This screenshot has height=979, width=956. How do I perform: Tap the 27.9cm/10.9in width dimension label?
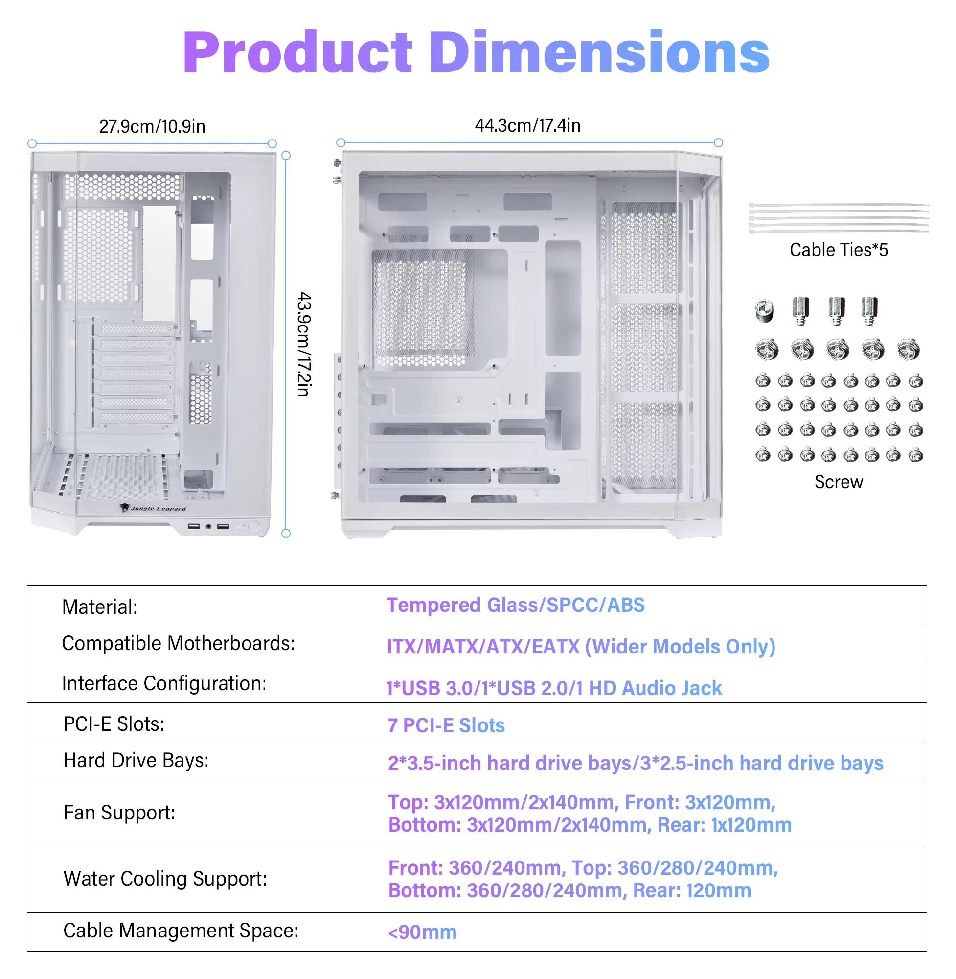click(152, 126)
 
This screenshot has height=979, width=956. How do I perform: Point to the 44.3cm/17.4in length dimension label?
click(528, 125)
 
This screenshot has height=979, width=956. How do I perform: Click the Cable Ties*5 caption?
click(839, 250)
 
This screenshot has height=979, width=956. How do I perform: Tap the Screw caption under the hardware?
click(839, 482)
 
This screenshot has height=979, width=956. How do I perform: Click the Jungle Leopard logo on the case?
click(153, 508)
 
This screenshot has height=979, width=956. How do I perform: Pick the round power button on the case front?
click(253, 527)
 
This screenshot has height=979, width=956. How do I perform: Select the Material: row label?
click(99, 607)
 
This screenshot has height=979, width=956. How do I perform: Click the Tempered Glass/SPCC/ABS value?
click(516, 606)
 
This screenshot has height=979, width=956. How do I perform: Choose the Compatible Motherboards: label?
click(178, 643)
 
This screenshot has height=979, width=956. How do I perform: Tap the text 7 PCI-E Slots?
click(446, 725)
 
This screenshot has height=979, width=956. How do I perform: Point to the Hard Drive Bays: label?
click(136, 760)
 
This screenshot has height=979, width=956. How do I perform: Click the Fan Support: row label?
click(119, 813)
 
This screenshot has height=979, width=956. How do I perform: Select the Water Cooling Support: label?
click(165, 879)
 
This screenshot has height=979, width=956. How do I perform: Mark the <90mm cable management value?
click(422, 932)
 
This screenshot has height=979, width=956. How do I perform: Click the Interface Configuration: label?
click(164, 683)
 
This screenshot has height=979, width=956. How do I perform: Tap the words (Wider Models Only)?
click(681, 647)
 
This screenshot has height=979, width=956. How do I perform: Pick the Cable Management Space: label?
click(181, 930)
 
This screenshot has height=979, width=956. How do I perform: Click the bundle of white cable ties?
click(839, 218)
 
